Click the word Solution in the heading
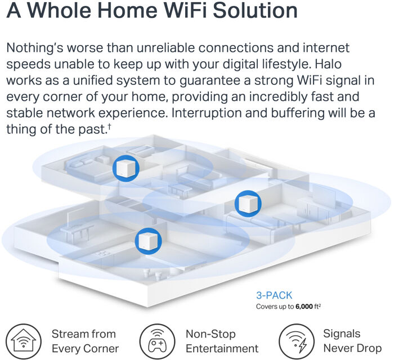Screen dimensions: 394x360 256,10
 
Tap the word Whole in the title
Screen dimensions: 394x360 61,10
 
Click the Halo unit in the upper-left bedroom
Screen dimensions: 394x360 126,168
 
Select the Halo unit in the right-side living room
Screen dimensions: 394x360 248,204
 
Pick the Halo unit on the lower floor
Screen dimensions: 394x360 148,241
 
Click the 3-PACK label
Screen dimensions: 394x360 274,295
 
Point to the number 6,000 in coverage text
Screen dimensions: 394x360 304,307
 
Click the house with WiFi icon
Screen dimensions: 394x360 24,341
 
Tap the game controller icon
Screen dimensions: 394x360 157,341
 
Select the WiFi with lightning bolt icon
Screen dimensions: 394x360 297,341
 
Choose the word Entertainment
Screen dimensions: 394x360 222,348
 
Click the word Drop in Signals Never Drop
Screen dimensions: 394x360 370,348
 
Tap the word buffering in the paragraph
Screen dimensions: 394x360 298,113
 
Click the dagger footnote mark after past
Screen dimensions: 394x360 110,126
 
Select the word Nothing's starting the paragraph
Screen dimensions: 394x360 35,48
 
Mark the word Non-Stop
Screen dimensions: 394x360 211,334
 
